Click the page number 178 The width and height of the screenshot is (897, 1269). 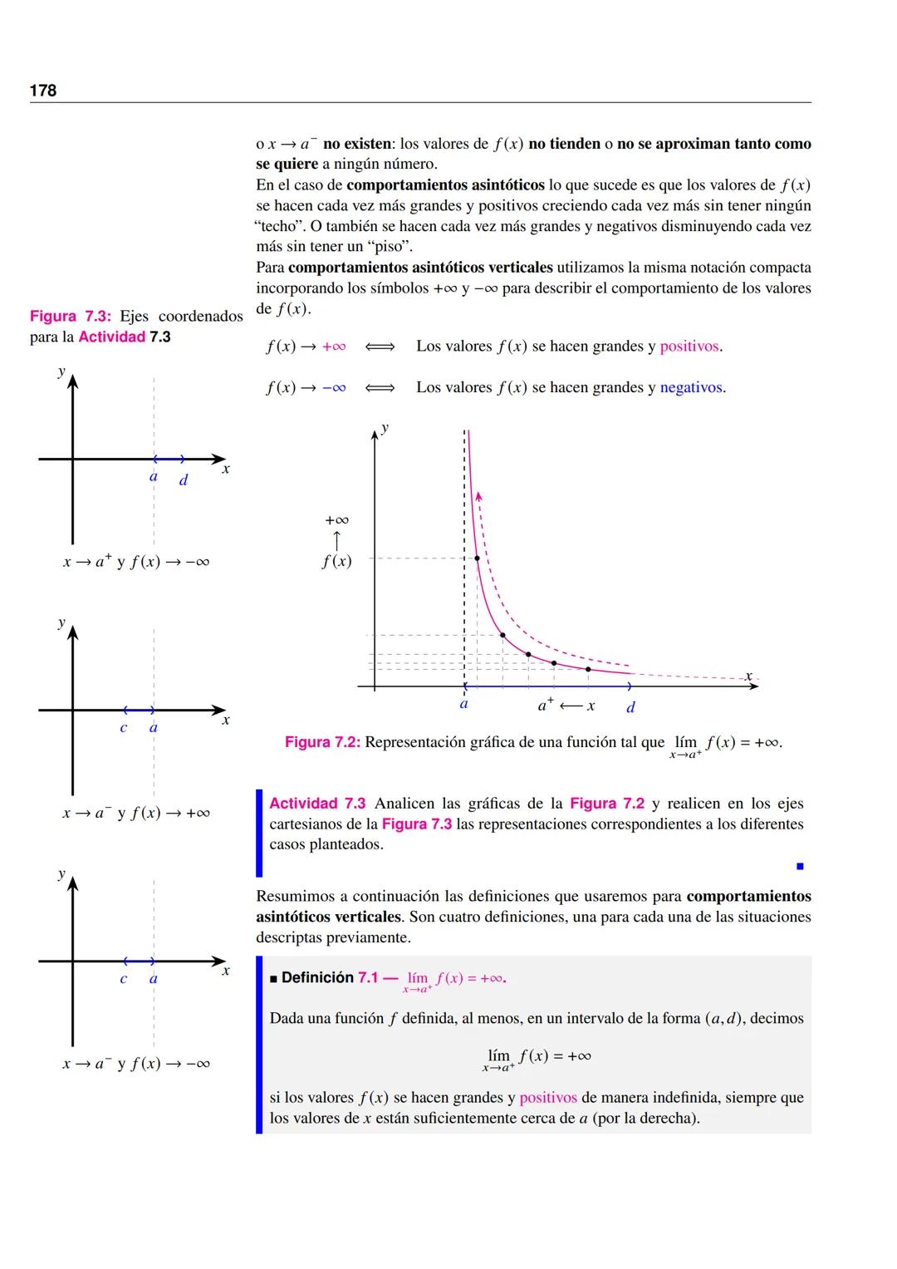pyautogui.click(x=43, y=91)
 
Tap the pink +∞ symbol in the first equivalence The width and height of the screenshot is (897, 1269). pyautogui.click(x=334, y=347)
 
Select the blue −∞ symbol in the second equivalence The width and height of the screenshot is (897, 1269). pyautogui.click(x=334, y=388)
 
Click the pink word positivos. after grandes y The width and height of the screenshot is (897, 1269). pyautogui.click(x=691, y=347)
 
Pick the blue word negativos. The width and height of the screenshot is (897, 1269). pyautogui.click(x=693, y=388)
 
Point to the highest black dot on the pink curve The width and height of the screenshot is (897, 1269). pyautogui.click(x=477, y=558)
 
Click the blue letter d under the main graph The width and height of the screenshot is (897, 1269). pyautogui.click(x=630, y=707)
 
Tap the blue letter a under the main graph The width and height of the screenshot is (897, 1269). pyautogui.click(x=463, y=704)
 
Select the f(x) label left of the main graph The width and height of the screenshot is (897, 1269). pyautogui.click(x=336, y=561)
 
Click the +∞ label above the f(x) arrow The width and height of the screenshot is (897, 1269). pyautogui.click(x=336, y=520)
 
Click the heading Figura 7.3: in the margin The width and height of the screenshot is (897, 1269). pyautogui.click(x=70, y=317)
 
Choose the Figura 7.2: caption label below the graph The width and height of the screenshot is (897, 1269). pyautogui.click(x=322, y=742)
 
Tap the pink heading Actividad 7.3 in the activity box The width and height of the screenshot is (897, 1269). pyautogui.click(x=317, y=804)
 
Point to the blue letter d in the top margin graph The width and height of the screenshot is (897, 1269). pyautogui.click(x=184, y=480)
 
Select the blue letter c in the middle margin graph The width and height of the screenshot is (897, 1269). pyautogui.click(x=124, y=729)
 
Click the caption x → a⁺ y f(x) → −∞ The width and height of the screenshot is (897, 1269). pyautogui.click(x=136, y=562)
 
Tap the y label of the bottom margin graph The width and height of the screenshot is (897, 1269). pyautogui.click(x=61, y=873)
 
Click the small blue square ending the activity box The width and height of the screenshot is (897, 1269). pyautogui.click(x=800, y=867)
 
